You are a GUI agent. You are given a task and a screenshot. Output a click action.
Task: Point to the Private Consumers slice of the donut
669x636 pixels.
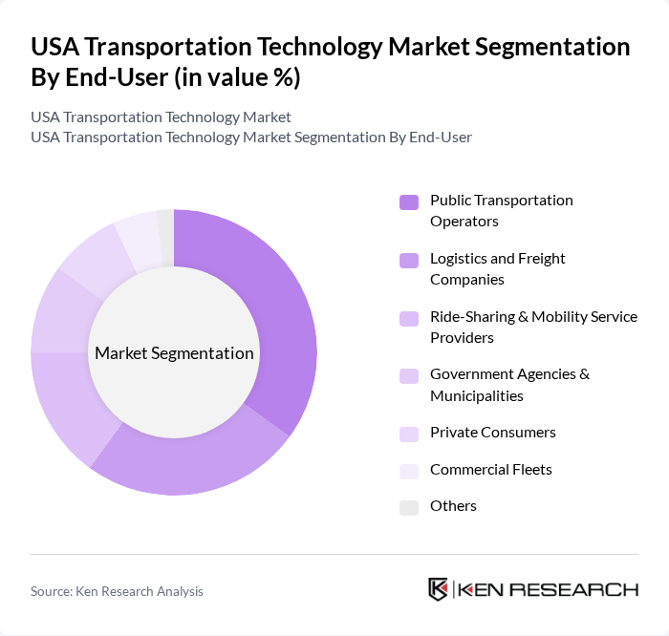(96, 258)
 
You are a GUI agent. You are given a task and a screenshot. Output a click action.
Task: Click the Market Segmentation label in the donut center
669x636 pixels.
(174, 353)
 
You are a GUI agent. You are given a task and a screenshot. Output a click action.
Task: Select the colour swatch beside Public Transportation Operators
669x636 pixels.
(409, 201)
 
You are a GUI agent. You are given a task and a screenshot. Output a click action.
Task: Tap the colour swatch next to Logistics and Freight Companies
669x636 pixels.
(409, 260)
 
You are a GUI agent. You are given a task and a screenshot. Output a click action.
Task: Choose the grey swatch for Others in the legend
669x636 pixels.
(409, 507)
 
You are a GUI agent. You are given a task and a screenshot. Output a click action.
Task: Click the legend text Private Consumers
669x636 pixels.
(492, 432)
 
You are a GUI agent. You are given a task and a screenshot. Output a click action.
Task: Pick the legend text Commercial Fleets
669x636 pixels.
(490, 469)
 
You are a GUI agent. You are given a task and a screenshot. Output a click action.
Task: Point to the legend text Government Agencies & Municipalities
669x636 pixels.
(509, 384)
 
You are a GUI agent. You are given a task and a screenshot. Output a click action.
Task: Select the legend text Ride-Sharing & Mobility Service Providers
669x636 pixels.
(533, 327)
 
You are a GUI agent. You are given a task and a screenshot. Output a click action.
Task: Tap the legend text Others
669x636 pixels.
(453, 506)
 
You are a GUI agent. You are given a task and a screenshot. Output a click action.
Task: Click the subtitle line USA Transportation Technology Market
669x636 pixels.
(161, 117)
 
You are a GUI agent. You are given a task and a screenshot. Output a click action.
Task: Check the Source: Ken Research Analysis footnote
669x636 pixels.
(117, 591)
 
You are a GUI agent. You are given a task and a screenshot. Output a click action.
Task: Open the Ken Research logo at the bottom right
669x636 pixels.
(532, 589)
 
